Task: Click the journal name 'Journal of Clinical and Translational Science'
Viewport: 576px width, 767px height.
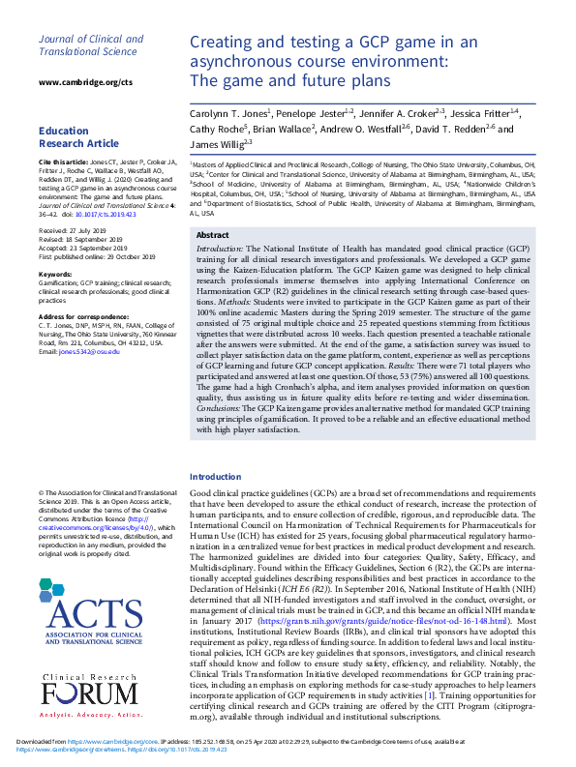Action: click(x=90, y=45)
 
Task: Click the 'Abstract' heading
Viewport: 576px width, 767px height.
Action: click(x=212, y=235)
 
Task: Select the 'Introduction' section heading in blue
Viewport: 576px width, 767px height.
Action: click(x=215, y=477)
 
